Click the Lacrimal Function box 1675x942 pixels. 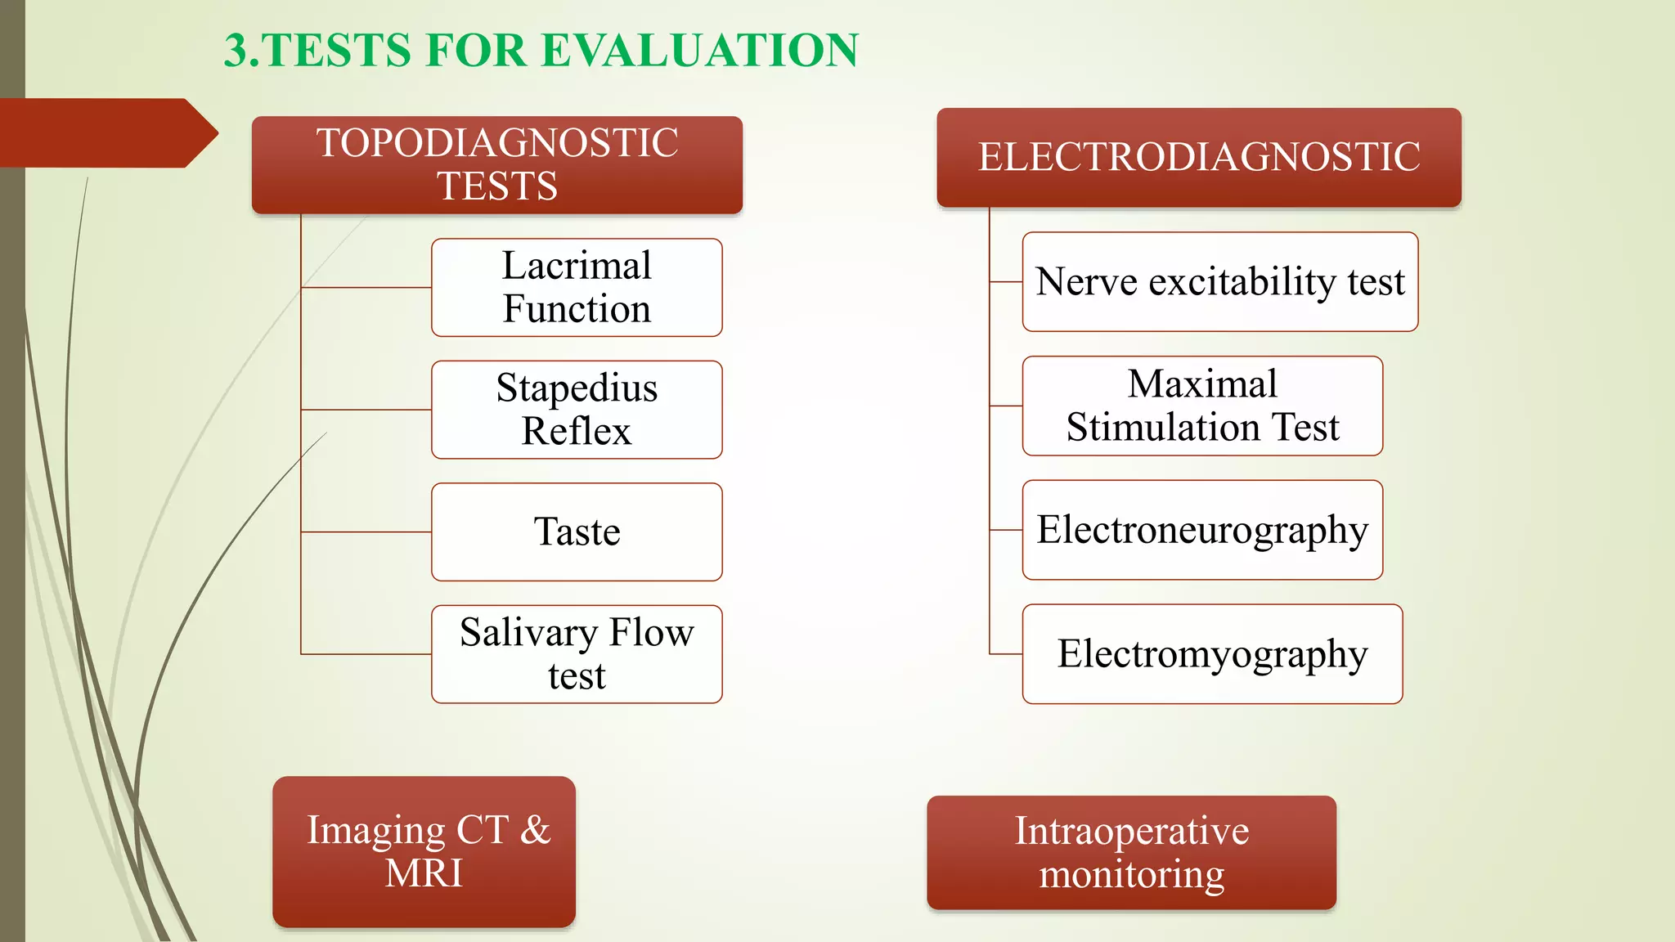[x=577, y=287]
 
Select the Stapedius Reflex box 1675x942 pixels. [x=577, y=410]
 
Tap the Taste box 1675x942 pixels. [x=577, y=532]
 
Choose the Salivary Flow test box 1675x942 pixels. [x=577, y=654]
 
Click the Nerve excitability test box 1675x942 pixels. [x=1219, y=282]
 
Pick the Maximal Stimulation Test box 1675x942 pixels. [x=1202, y=406]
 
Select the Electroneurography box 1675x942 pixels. [x=1202, y=530]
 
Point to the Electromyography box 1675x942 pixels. [x=1212, y=654]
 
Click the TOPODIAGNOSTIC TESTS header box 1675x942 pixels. [x=497, y=165]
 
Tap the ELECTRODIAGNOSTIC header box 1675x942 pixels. [x=1199, y=157]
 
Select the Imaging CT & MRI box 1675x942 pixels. [x=424, y=851]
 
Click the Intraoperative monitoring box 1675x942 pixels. [x=1131, y=853]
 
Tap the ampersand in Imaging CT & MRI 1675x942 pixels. [x=535, y=830]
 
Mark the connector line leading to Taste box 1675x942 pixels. [x=366, y=532]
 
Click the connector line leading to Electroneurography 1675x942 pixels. [x=1006, y=530]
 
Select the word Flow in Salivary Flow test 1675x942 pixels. [x=652, y=633]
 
